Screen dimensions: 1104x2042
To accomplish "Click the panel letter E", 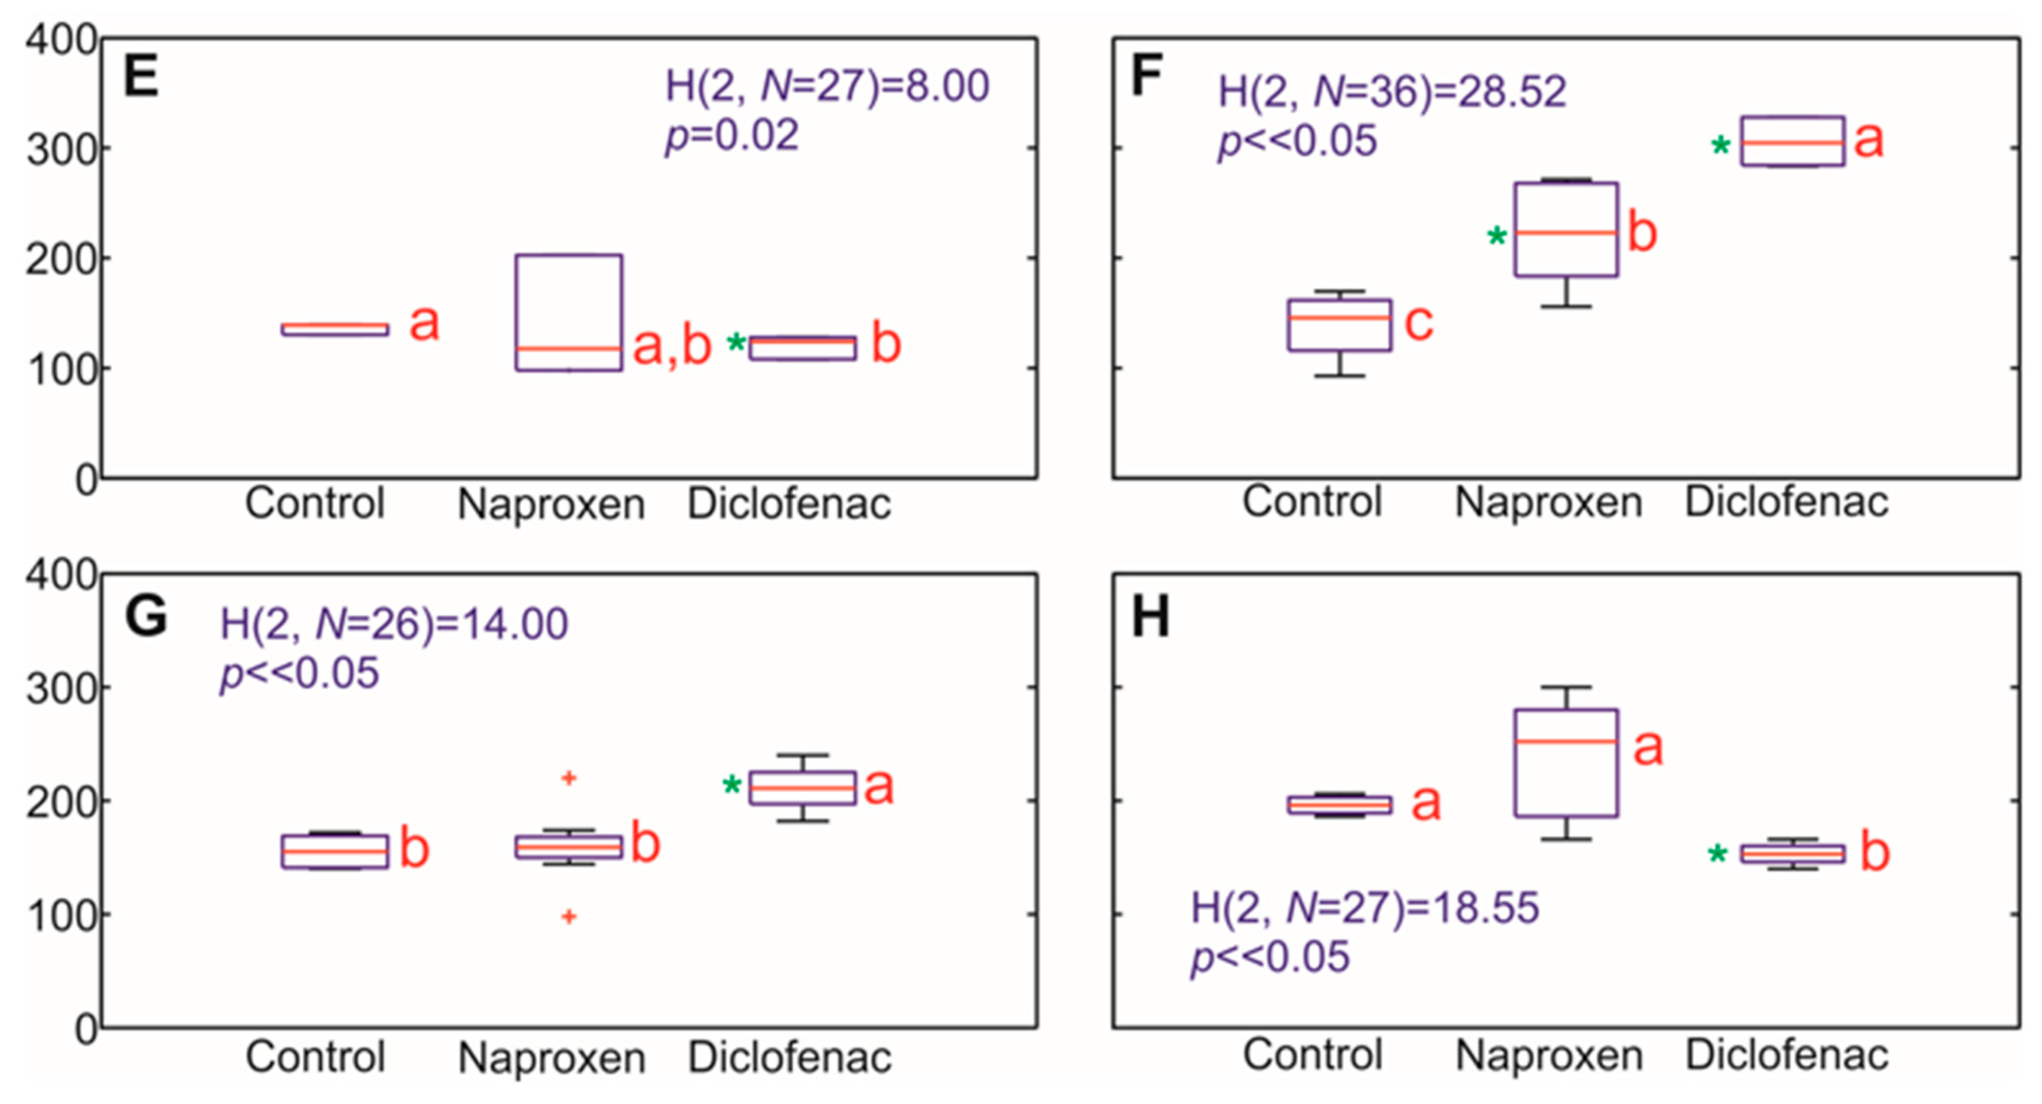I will pyautogui.click(x=141, y=77).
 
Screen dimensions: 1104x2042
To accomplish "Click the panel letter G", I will pyautogui.click(x=147, y=617).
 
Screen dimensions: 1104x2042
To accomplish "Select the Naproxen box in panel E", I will pyautogui.click(x=569, y=312).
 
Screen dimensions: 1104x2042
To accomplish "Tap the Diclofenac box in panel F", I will pyautogui.click(x=1792, y=141).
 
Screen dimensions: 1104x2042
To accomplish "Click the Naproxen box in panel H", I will pyautogui.click(x=1566, y=762).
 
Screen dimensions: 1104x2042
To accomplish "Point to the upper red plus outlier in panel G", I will pyautogui.click(x=569, y=778).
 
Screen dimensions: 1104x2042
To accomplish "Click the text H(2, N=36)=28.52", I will pyautogui.click(x=1392, y=92).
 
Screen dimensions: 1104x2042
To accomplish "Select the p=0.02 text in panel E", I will pyautogui.click(x=732, y=136).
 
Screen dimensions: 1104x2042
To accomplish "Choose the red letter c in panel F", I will pyautogui.click(x=1419, y=323).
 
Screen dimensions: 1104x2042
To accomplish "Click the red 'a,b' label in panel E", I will pyautogui.click(x=672, y=347).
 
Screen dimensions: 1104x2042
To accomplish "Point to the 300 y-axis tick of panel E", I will pyautogui.click(x=62, y=149).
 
